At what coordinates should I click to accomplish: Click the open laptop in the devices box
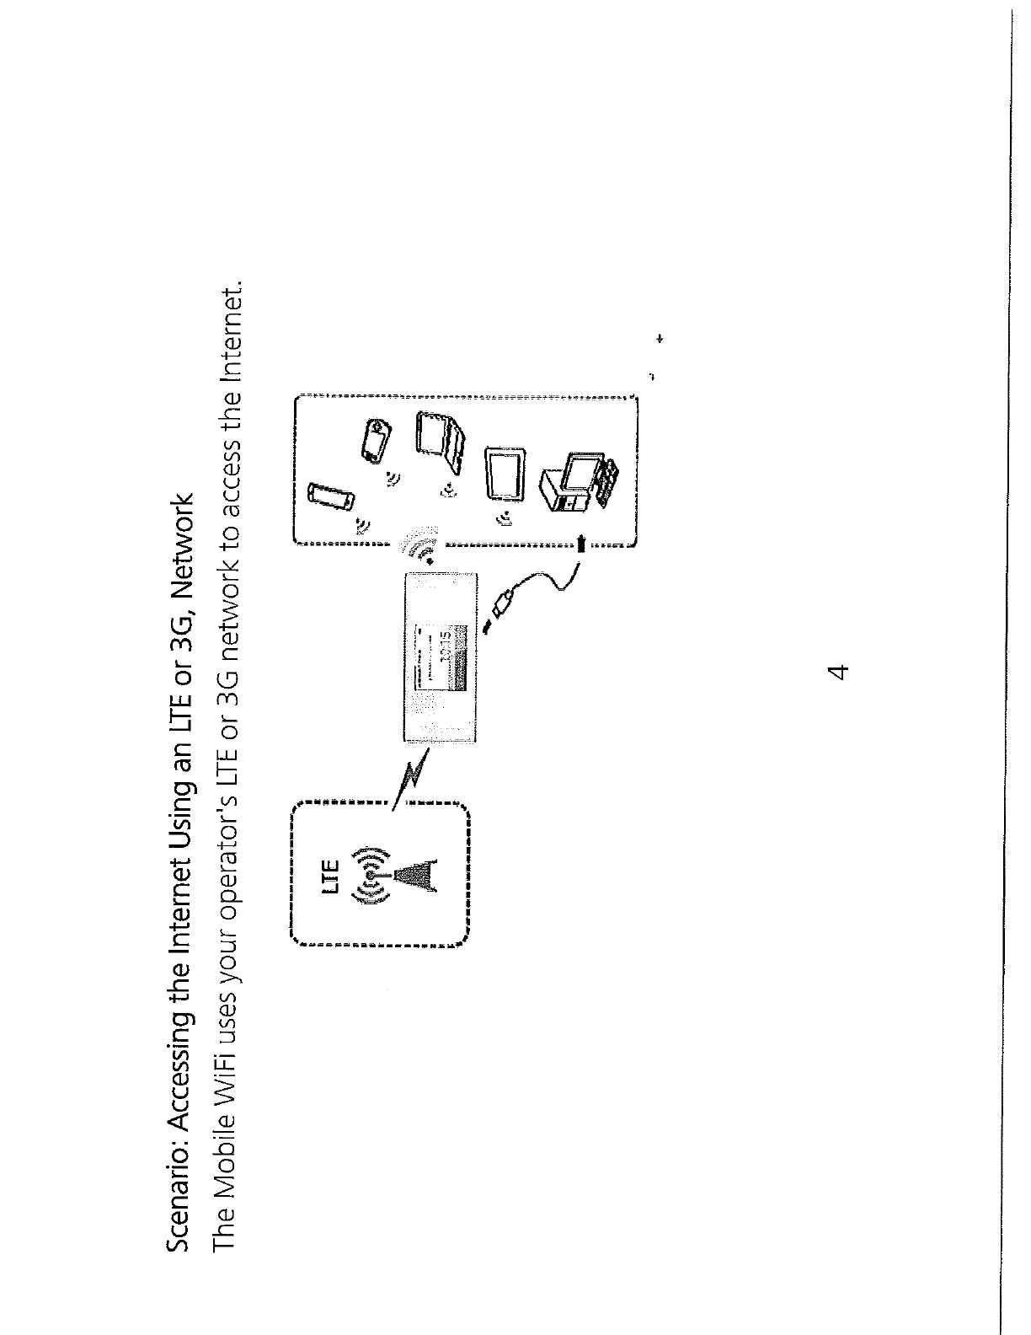[441, 442]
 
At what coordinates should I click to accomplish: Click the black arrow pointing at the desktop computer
[581, 543]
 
